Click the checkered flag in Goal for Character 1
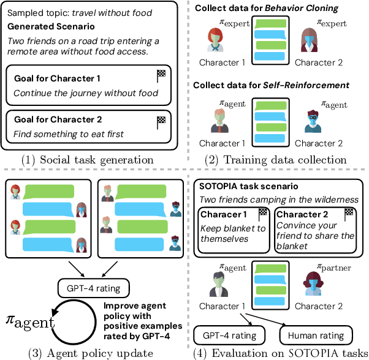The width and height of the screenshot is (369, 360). pos(161,76)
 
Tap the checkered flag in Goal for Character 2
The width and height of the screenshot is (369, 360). pos(161,120)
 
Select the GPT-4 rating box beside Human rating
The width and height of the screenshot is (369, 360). pos(230,335)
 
